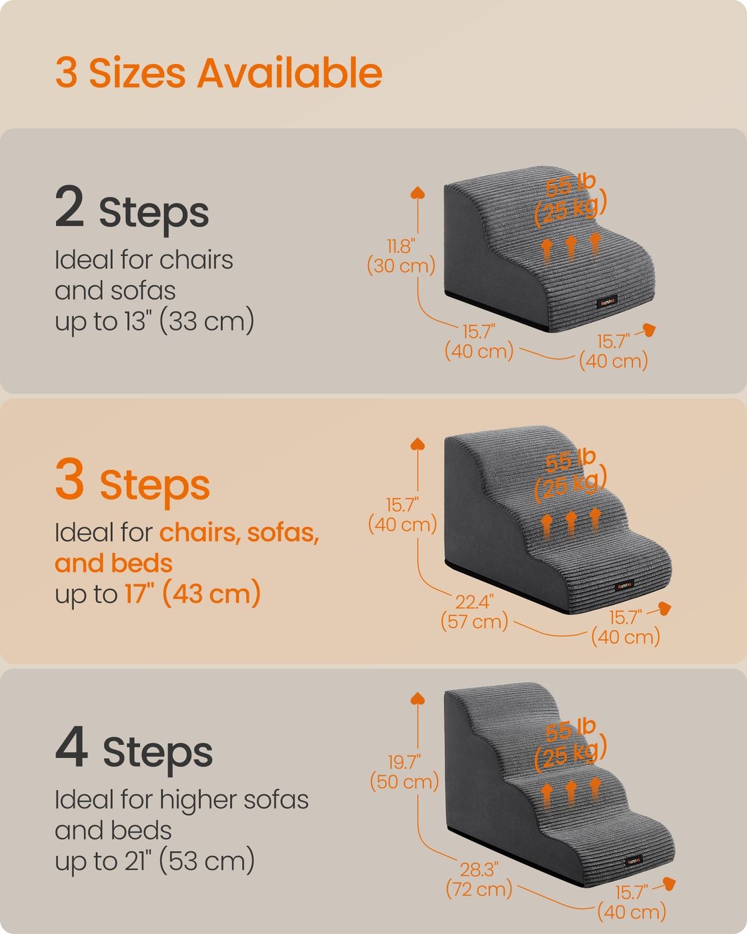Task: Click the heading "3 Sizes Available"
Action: [x=219, y=73]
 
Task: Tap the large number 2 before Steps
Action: [x=69, y=205]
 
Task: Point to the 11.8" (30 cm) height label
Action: [x=401, y=256]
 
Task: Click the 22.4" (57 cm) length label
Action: [x=474, y=612]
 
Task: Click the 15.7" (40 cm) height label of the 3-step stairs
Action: [x=402, y=515]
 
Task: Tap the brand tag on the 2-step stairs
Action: [x=606, y=302]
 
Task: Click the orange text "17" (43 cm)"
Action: [x=193, y=593]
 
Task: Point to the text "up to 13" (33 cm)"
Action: [x=155, y=321]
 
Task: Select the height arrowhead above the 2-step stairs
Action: [x=418, y=192]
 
